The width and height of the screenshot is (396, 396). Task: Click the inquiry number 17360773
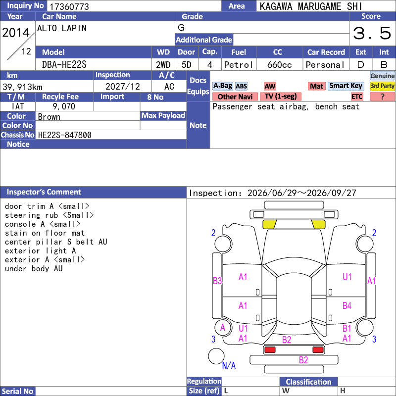[x=69, y=6]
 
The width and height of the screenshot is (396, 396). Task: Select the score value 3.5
[x=372, y=33]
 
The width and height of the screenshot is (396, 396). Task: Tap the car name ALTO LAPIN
[x=62, y=28]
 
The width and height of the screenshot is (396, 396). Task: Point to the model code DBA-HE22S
[x=64, y=65]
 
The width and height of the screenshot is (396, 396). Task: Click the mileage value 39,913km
[x=22, y=87]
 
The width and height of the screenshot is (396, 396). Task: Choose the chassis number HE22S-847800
[x=65, y=135]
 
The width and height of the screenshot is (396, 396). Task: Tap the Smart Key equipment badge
[x=346, y=86]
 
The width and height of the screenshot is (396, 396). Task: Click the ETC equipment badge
[x=357, y=97]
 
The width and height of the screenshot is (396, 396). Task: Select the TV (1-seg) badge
[x=281, y=96]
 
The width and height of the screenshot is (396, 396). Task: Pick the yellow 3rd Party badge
[x=382, y=86]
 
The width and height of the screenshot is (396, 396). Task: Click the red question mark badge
[x=382, y=97]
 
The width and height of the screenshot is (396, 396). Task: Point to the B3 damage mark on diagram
[x=217, y=281]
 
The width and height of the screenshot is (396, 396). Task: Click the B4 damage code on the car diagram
[x=347, y=305]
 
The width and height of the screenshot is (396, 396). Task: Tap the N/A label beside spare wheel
[x=229, y=365]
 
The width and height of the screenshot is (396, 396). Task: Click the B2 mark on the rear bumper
[x=303, y=360]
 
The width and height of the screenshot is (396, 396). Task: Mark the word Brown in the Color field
[x=49, y=117]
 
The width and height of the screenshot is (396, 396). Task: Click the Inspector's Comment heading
[x=44, y=192]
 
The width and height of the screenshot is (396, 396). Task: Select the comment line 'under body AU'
[x=34, y=268]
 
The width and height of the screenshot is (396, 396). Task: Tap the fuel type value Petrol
[x=239, y=65]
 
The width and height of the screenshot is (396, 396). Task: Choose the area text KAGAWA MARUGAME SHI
[x=311, y=6]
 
